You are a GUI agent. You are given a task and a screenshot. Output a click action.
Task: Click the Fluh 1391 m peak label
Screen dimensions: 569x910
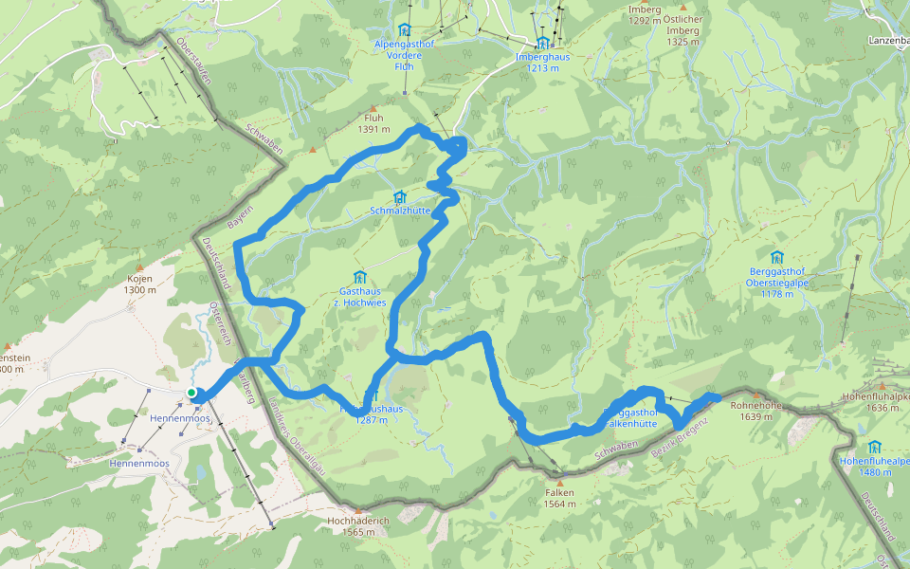tap(373, 123)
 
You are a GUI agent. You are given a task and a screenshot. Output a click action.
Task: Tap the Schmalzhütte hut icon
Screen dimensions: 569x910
tap(399, 197)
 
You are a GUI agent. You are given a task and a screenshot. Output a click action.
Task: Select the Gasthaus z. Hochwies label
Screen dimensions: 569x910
tap(359, 296)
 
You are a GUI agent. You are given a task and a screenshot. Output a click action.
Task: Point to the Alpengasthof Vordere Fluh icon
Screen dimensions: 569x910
tap(405, 29)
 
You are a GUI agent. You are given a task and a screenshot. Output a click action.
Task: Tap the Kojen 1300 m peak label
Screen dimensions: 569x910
tap(139, 284)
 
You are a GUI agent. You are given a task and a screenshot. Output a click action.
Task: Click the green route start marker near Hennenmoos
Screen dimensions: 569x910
tap(191, 393)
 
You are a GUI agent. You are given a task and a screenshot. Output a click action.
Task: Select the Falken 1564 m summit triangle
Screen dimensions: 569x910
tap(560, 482)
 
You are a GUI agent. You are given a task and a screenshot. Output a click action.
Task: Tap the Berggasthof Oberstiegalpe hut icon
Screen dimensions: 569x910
tap(777, 256)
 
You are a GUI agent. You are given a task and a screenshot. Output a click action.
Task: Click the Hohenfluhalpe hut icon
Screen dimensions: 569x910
tap(873, 446)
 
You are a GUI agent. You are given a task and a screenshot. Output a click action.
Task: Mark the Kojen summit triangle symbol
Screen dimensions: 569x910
tap(139, 268)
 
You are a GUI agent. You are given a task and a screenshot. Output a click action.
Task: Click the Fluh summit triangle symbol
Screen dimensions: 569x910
tap(373, 108)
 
